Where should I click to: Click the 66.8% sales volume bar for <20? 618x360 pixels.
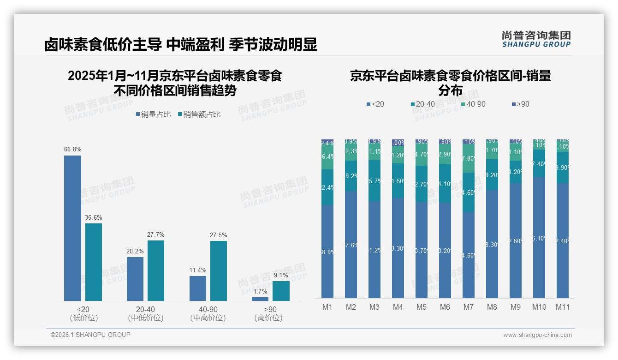72,228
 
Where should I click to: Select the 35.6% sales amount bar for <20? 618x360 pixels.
94,262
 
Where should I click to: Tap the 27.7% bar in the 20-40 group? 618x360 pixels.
156,270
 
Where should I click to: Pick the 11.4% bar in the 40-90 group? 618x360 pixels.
198,288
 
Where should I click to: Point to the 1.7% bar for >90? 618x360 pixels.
260,299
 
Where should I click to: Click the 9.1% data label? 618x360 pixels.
280,276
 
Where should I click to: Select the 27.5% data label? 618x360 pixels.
219,235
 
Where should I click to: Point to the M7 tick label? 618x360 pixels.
469,307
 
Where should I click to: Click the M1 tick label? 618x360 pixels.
327,307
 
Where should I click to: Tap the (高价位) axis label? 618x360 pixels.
268,318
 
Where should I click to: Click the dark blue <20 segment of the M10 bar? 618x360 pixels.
539,238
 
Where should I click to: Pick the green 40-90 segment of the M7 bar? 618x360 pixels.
469,158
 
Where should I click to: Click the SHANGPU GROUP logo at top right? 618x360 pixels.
536,39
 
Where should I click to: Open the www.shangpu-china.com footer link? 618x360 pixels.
537,335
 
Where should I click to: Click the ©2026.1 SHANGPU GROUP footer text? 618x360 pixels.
90,335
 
